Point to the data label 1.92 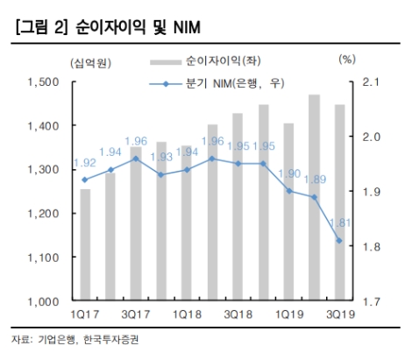pos(84,163)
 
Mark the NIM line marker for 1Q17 pos(85,180)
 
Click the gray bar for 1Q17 pos(85,245)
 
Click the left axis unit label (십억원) pos(84,60)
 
